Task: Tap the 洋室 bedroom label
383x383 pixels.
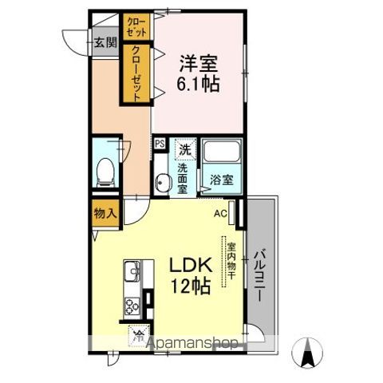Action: [199, 61]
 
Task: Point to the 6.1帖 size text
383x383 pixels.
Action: [199, 81]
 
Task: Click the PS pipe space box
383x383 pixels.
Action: [160, 145]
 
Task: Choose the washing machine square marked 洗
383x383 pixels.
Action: [184, 149]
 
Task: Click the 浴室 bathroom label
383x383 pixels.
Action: [221, 180]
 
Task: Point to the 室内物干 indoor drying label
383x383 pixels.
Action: [230, 260]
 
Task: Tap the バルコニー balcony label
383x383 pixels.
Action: [259, 274]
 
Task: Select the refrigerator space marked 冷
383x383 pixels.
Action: [140, 336]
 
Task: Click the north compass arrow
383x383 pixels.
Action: [307, 349]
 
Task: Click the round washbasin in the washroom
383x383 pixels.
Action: [162, 183]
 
